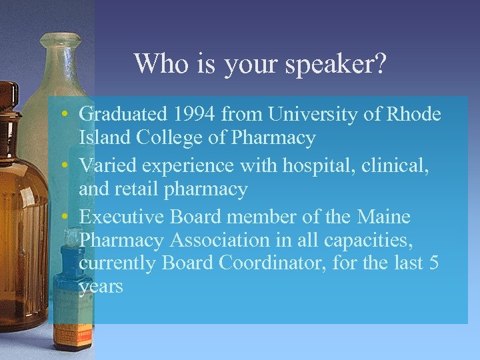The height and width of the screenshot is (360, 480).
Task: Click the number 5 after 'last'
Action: coord(433,263)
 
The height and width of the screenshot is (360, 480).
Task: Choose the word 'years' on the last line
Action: coord(101,287)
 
